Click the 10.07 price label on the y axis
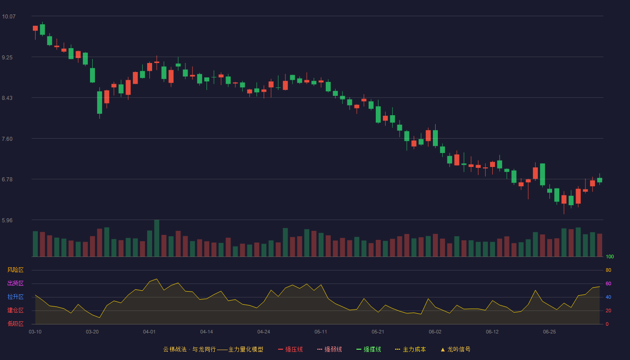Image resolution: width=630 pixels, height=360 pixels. click(9, 17)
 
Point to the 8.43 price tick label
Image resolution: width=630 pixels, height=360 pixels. click(7, 98)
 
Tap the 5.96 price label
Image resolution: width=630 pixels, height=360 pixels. click(7, 220)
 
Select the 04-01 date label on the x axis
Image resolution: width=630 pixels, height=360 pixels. click(149, 332)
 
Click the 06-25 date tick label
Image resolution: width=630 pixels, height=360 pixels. click(549, 332)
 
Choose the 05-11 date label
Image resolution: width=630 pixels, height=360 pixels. click(321, 332)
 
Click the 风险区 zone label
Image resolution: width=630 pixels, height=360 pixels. click(15, 270)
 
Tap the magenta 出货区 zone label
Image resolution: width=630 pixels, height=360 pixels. click(15, 283)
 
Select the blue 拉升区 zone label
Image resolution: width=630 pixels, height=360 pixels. click(15, 297)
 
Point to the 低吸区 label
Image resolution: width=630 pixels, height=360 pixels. click(15, 324)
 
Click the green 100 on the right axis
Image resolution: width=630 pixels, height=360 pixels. click(610, 257)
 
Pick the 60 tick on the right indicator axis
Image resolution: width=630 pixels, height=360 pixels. click(608, 284)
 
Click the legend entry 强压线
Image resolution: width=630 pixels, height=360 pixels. click(291, 350)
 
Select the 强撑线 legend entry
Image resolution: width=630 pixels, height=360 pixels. click(369, 350)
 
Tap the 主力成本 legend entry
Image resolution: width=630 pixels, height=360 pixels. click(410, 350)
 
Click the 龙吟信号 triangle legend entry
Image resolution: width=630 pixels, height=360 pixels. click(455, 350)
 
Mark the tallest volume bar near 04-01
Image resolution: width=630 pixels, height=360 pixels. click(157, 238)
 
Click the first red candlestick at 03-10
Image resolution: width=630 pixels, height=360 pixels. click(35, 28)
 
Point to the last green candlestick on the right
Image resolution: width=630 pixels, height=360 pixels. click(599, 180)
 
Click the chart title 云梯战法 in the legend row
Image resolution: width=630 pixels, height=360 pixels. click(175, 350)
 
